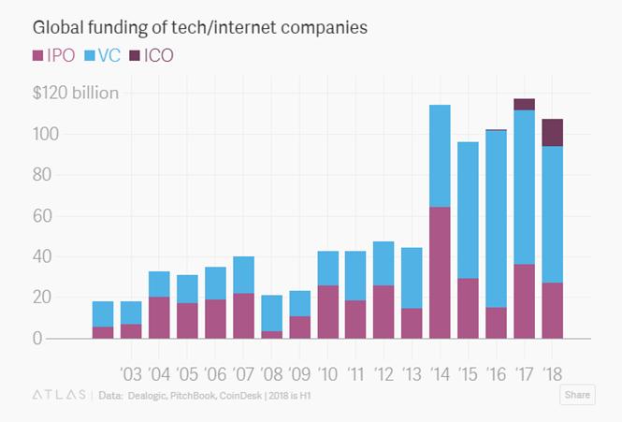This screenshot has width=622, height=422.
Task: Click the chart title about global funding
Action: click(x=199, y=27)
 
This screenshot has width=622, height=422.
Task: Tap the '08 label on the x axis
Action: click(x=272, y=375)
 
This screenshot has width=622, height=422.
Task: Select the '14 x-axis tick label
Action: click(x=441, y=375)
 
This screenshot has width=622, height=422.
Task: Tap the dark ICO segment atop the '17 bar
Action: click(x=524, y=104)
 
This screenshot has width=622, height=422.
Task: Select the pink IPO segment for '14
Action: click(x=439, y=272)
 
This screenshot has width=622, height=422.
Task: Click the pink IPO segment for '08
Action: click(x=271, y=334)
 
